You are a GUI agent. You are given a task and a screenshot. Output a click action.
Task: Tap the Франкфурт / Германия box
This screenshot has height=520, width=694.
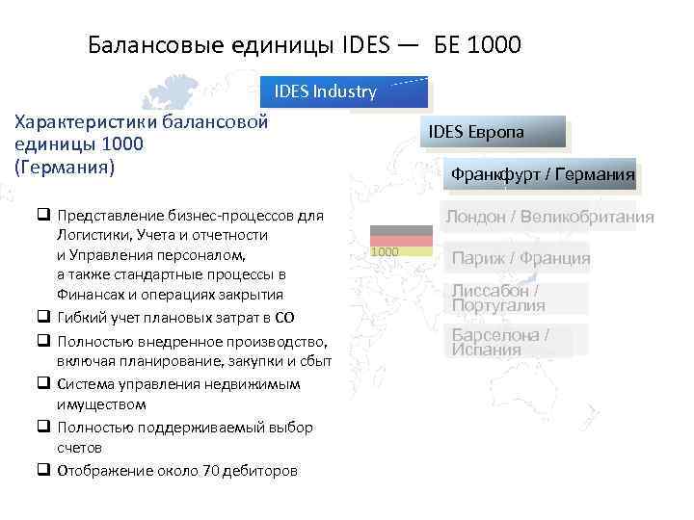point(540,174)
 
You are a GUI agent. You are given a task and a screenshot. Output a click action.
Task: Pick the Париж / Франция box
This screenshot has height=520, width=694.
point(520,258)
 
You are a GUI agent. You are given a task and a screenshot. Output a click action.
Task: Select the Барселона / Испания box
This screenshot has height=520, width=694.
point(512,342)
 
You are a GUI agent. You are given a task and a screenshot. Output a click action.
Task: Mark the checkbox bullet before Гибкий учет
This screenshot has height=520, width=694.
point(44,317)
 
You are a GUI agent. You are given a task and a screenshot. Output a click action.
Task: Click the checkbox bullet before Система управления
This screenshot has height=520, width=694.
point(44,383)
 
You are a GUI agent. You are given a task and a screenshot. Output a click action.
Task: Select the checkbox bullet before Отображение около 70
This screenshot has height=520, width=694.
point(44,471)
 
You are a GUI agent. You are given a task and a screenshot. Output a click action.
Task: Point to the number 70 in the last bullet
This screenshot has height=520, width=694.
point(211,471)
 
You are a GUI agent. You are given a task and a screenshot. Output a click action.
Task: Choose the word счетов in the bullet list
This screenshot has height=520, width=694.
point(79,448)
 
